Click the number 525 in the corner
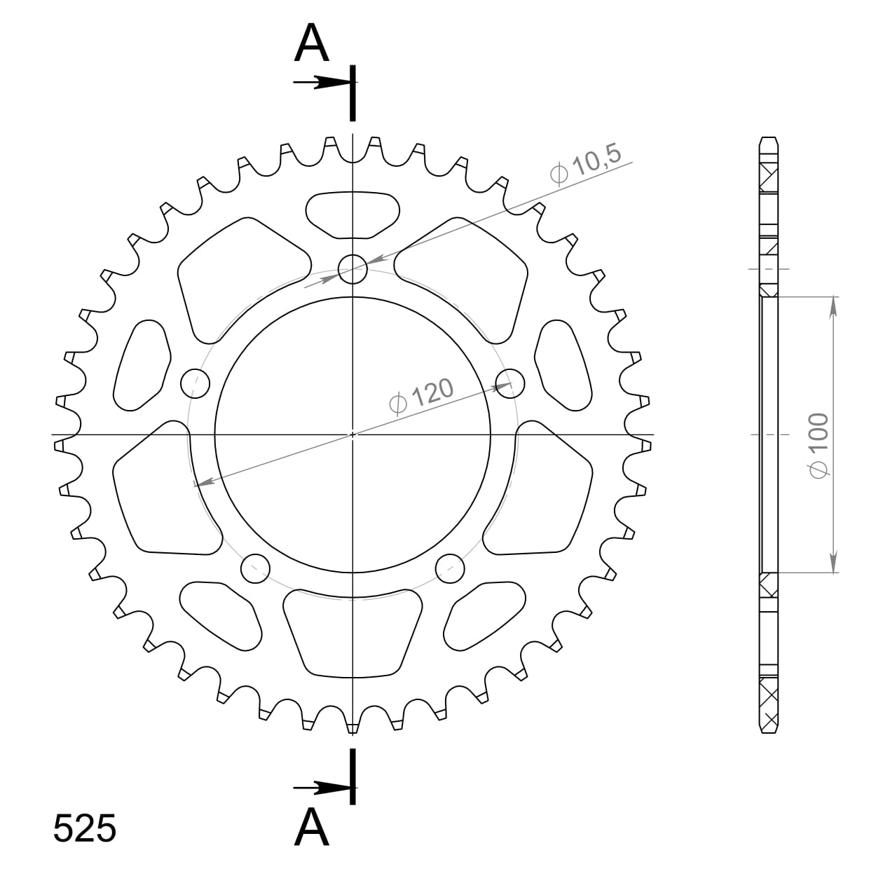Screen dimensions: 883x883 (85, 829)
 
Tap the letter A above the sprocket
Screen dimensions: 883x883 (312, 43)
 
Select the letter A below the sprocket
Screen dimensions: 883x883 (312, 828)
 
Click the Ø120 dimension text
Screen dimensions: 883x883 (420, 397)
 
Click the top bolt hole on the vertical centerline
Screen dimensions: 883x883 (352, 268)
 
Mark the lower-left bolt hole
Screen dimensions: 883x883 (256, 568)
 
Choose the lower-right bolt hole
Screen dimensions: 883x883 (450, 568)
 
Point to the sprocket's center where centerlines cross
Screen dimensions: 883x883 (352, 434)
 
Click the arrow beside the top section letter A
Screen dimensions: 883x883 (315, 83)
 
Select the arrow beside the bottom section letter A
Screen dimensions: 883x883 (315, 788)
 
